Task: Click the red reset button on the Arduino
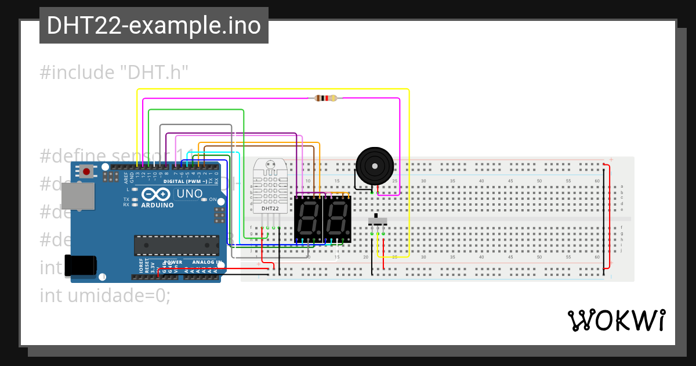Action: (86, 171)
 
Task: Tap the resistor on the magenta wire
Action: (325, 98)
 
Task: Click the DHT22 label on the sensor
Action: (270, 208)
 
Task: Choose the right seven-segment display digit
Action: (337, 219)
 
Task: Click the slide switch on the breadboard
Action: (378, 221)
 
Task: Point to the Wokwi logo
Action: (616, 320)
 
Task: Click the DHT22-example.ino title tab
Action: (154, 26)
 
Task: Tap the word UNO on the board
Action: (189, 193)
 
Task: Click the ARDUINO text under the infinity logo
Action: (157, 205)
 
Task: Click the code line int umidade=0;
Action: (105, 295)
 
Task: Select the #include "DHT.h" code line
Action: (115, 73)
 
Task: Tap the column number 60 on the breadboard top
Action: (597, 181)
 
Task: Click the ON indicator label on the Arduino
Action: (212, 200)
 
